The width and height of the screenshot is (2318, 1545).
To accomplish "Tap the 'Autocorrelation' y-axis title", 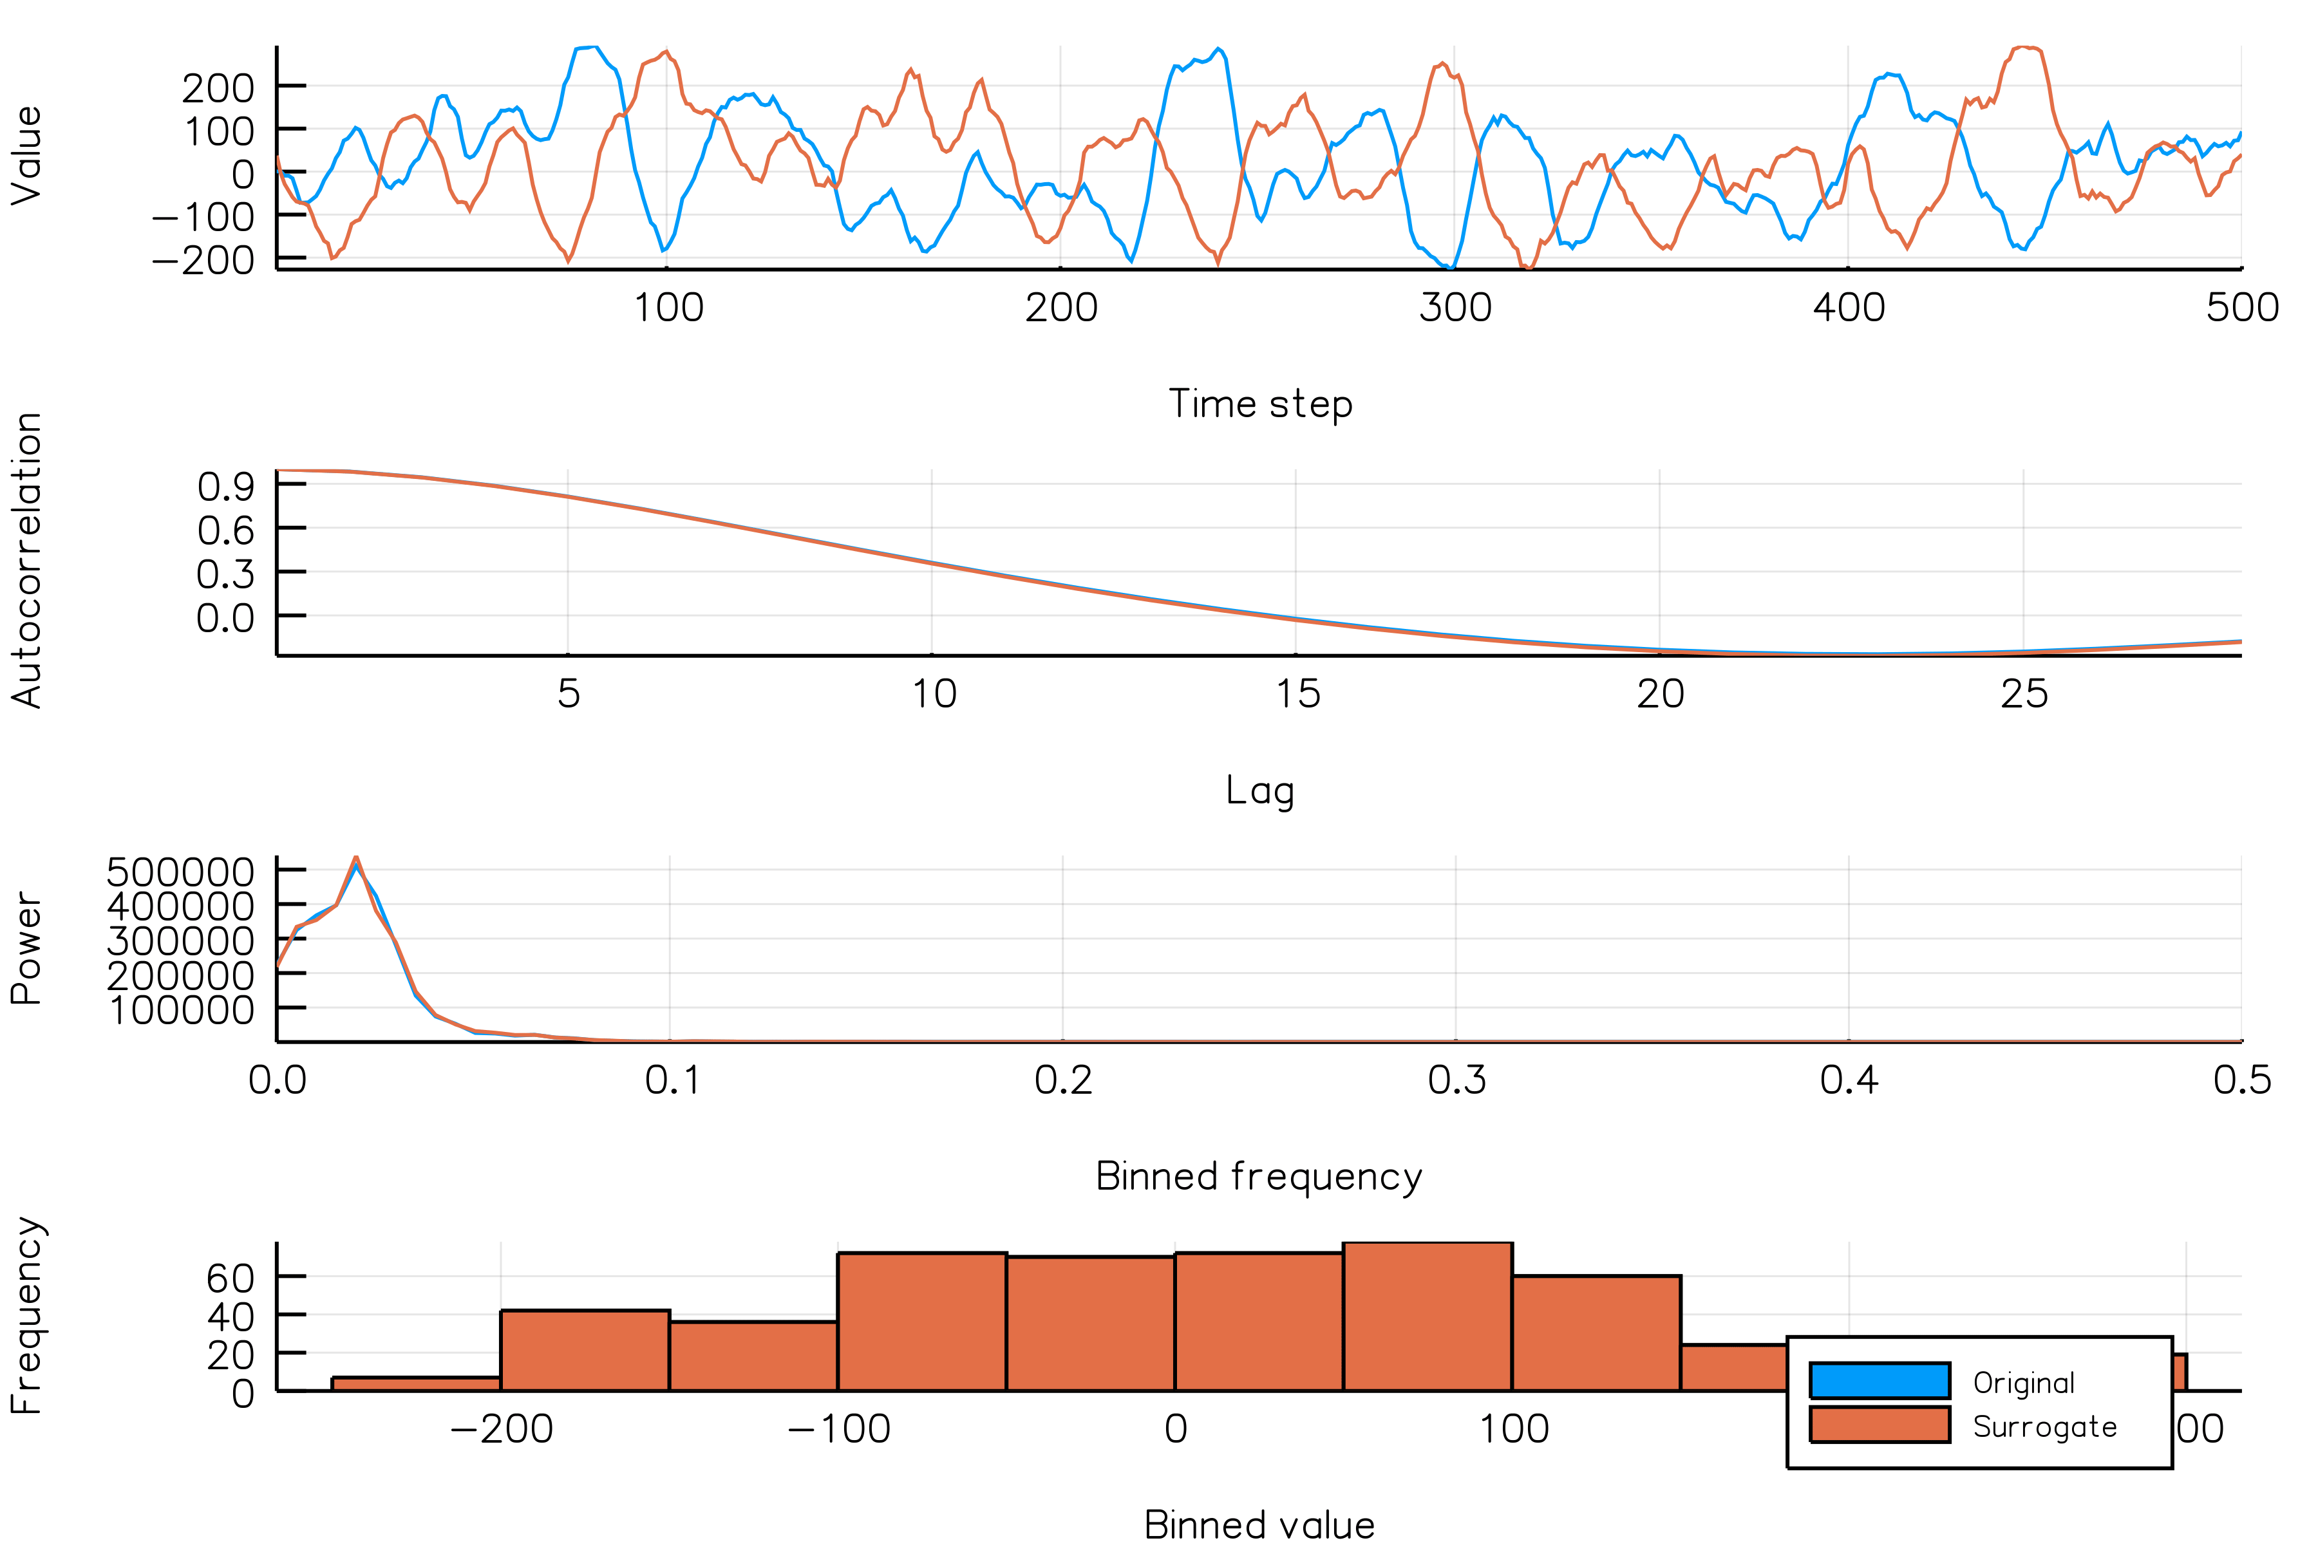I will point(28,559).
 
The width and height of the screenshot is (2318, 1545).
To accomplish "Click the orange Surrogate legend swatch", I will point(1880,1425).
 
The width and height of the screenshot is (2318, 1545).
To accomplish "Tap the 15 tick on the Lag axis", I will point(1297,695).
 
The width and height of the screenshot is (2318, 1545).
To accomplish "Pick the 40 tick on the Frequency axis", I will point(230,1316).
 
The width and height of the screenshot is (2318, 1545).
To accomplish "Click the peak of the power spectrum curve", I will point(356,858).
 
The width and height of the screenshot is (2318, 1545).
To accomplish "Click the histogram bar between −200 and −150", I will point(585,1351).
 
